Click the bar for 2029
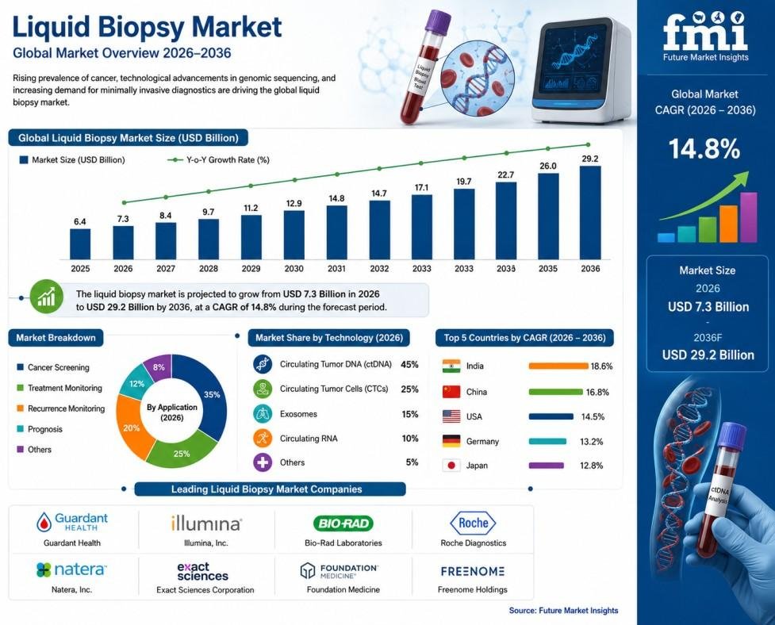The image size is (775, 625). (x=251, y=237)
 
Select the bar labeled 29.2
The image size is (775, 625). (x=590, y=213)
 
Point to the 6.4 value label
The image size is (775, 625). (x=80, y=222)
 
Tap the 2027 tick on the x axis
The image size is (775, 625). (x=166, y=269)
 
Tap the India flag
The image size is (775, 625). (x=451, y=366)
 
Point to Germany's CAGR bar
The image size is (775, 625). (x=547, y=441)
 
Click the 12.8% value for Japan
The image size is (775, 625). (x=592, y=466)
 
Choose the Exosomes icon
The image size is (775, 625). (x=263, y=413)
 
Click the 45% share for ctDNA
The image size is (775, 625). (x=410, y=365)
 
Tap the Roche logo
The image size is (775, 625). (x=473, y=523)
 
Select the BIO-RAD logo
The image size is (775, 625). (x=343, y=523)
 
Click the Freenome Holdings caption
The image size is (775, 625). (x=473, y=589)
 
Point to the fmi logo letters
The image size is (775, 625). (x=705, y=31)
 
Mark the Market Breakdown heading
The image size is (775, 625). (x=56, y=338)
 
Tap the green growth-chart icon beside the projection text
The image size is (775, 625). (x=47, y=297)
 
